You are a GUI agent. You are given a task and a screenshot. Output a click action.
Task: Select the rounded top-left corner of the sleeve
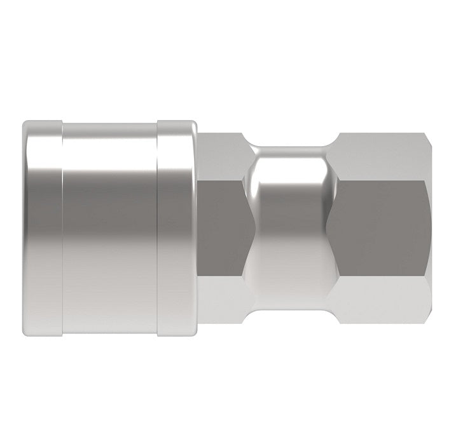27,124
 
